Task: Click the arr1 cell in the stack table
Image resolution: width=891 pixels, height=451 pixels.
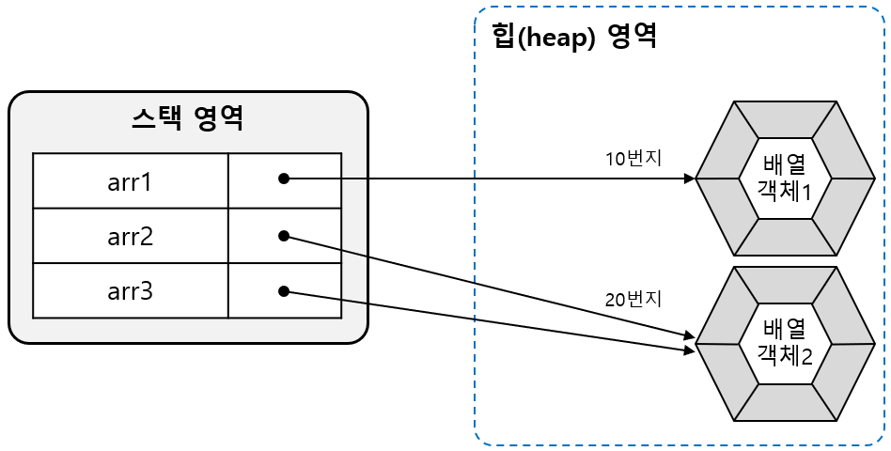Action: click(130, 180)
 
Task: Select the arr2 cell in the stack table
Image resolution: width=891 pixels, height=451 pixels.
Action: click(130, 236)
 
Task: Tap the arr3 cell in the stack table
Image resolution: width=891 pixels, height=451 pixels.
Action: click(130, 291)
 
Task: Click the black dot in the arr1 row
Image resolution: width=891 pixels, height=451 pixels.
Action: click(283, 179)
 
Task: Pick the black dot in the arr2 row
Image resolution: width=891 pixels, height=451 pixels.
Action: click(283, 236)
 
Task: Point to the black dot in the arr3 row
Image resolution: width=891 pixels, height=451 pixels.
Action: click(283, 291)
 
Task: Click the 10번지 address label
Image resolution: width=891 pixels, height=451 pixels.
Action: click(633, 158)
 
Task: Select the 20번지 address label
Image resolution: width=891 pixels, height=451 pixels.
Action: click(633, 301)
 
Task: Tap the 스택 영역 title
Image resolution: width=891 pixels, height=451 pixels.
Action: click(188, 118)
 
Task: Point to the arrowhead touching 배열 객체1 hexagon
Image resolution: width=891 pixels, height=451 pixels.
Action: click(690, 179)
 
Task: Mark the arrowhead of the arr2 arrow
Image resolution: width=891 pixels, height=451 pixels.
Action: click(690, 335)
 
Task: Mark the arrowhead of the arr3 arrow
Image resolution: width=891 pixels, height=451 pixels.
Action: click(690, 350)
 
